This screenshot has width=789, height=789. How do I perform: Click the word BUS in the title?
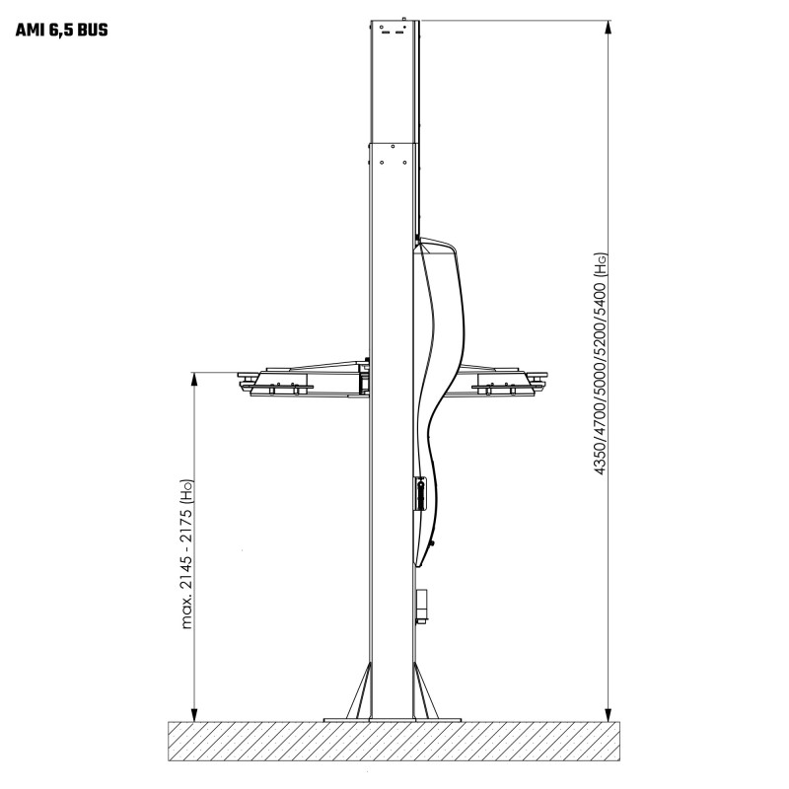pyautogui.click(x=93, y=31)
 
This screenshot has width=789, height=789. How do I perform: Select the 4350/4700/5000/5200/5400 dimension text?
pyautogui.click(x=601, y=378)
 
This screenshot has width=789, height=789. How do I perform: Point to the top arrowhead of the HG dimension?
pyautogui.click(x=609, y=28)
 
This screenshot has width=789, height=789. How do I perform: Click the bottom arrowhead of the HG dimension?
pyautogui.click(x=609, y=714)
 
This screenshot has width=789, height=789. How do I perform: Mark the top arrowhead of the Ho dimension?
pyautogui.click(x=194, y=380)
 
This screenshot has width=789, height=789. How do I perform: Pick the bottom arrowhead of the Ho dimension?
pyautogui.click(x=194, y=714)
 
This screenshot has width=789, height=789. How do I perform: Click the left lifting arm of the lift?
pyautogui.click(x=304, y=380)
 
